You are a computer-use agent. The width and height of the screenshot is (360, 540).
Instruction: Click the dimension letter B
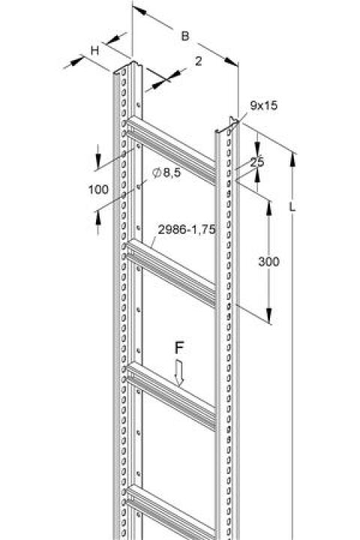point(185,36)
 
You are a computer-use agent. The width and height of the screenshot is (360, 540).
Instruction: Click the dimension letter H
point(94,51)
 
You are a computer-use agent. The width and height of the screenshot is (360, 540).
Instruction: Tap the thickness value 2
point(198,61)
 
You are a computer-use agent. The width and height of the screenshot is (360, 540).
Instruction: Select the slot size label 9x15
point(263,106)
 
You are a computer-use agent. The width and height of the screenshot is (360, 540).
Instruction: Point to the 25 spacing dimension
point(257,162)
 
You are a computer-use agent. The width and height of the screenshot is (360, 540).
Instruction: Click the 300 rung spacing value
point(268,262)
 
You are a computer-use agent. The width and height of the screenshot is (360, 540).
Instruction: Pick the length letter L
point(292,207)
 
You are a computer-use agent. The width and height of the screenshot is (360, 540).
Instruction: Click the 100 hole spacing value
point(98,190)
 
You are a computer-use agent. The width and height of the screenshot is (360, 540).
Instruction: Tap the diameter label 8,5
point(172,172)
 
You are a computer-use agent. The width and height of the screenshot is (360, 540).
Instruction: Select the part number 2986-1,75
point(187,229)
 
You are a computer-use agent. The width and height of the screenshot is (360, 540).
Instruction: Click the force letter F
point(178,348)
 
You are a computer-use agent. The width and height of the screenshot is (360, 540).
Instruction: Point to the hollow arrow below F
point(179,373)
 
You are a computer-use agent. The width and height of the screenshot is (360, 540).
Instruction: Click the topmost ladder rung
point(171,150)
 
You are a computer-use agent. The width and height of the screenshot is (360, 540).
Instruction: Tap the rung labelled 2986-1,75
point(171,274)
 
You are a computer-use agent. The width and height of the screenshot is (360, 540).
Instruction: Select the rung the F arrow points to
point(171,396)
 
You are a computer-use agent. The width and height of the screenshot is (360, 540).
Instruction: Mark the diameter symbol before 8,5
point(157,173)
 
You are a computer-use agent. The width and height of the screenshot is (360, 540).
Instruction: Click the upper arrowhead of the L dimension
point(292,159)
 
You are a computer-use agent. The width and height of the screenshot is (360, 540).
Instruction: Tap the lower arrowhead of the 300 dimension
point(269,316)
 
